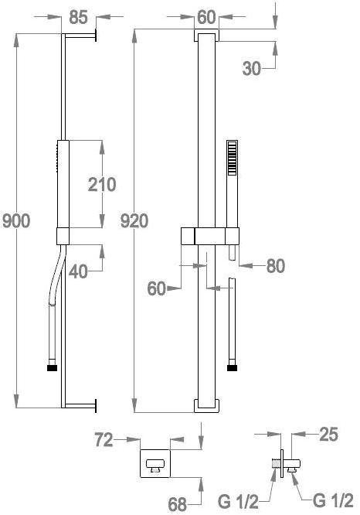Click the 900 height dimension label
click(16, 220)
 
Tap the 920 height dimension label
click(134, 220)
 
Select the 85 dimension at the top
click(79, 17)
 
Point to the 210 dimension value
click(102, 185)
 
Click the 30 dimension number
click(252, 69)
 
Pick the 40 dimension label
click(79, 271)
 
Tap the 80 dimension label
click(276, 266)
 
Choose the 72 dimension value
click(104, 440)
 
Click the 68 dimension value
click(178, 504)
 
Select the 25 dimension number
click(328, 435)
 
